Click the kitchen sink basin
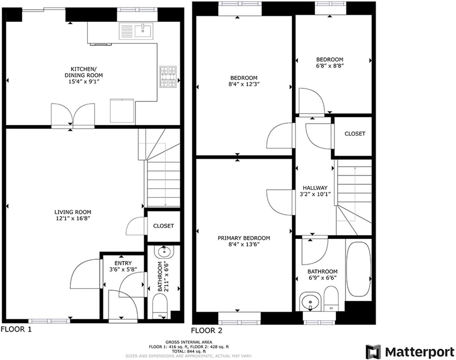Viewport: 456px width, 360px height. pos(143,30)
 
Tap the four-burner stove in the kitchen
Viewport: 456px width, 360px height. pos(168,77)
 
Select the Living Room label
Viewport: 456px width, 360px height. pos(73,212)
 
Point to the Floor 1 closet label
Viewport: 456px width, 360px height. pos(163,226)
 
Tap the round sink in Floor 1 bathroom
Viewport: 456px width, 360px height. pos(164,252)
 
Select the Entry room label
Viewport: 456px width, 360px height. pos(123,263)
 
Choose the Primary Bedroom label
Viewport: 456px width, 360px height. pos(244,238)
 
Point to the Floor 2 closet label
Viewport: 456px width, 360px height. pos(355,134)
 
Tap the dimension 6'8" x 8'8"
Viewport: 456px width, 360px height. pos(330,66)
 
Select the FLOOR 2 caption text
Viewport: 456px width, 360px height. pos(206,331)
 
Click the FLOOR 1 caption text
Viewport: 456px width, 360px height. pos(16,329)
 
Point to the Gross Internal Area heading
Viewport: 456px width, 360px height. pos(189,342)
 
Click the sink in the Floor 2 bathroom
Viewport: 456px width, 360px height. pos(310,301)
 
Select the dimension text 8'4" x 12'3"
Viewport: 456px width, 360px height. pos(244,84)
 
